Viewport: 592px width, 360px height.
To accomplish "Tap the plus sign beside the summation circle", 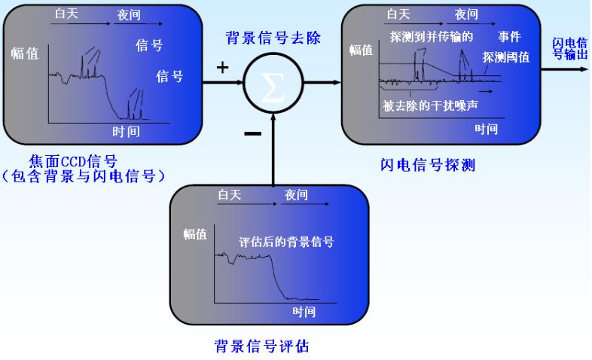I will (x=222, y=68).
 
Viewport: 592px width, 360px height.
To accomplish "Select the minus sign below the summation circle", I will (x=253, y=133).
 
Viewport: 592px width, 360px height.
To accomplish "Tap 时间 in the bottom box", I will (x=304, y=311).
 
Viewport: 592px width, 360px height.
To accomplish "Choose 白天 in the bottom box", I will (x=229, y=195).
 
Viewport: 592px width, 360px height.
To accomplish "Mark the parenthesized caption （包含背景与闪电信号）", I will (x=83, y=176).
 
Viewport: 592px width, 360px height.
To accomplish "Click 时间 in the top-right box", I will (x=486, y=130).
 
